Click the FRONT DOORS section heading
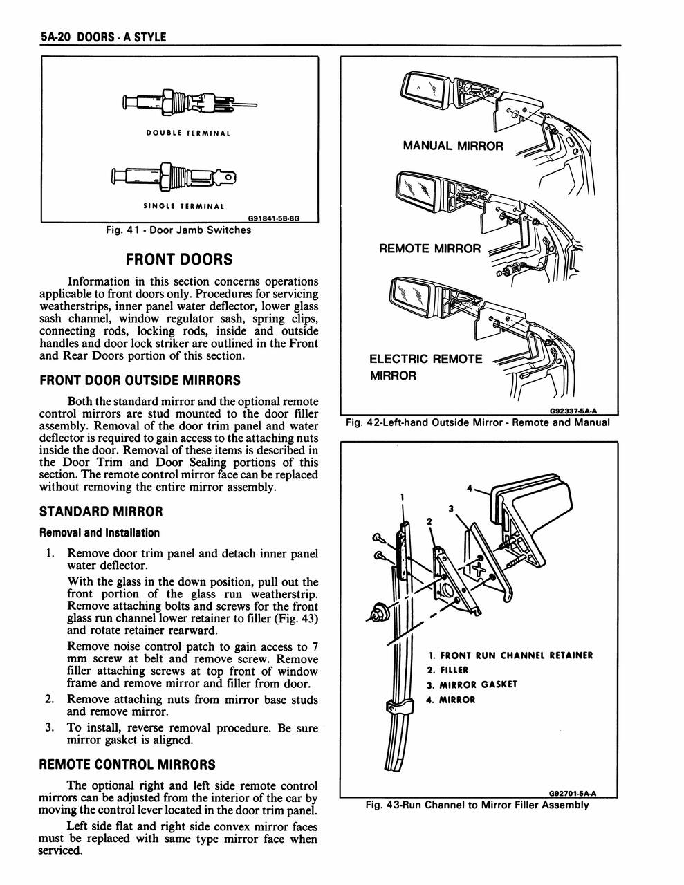[x=179, y=260]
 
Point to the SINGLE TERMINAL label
[x=184, y=206]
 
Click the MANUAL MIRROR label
[x=452, y=146]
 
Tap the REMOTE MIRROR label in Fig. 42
[x=429, y=248]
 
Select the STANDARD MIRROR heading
[x=101, y=512]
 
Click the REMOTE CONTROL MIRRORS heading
[x=127, y=765]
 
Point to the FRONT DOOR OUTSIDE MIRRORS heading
[x=140, y=380]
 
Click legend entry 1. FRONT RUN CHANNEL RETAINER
[x=510, y=655]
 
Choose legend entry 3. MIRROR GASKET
[x=472, y=684]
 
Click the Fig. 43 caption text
[x=477, y=805]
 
